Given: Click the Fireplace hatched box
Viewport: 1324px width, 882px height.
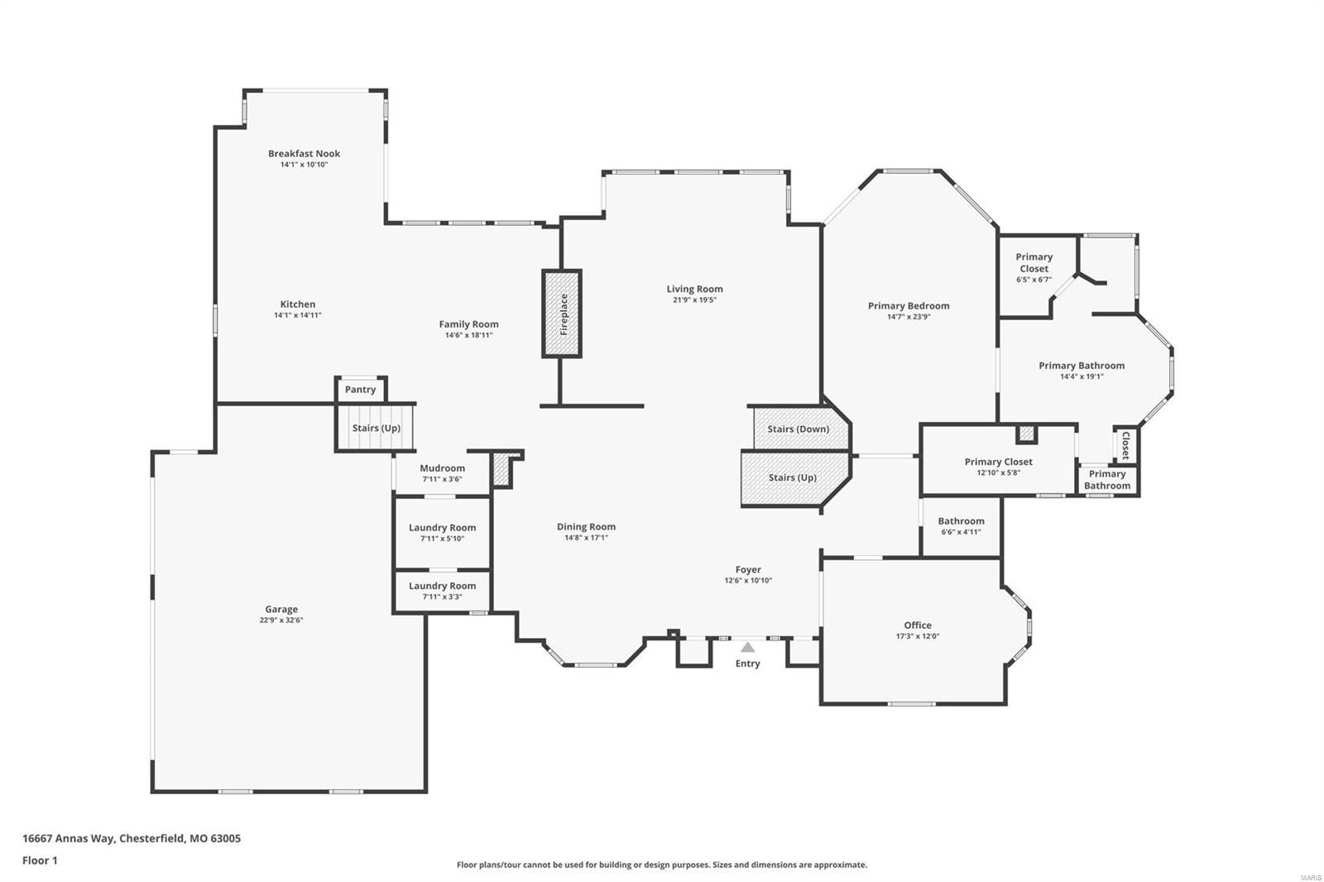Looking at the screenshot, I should (562, 314).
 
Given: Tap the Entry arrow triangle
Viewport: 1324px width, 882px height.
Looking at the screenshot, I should (747, 648).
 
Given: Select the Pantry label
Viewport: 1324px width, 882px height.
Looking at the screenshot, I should (360, 390).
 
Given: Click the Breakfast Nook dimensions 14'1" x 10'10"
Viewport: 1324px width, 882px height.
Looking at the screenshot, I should (304, 165).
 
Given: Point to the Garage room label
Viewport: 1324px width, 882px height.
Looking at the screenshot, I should (281, 610).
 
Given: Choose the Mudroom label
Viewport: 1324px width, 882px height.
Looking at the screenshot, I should (442, 468).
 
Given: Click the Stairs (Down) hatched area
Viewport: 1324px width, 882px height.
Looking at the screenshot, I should (799, 429).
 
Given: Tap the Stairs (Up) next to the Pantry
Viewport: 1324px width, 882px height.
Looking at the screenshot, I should (376, 428).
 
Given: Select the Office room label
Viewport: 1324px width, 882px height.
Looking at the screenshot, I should (917, 626).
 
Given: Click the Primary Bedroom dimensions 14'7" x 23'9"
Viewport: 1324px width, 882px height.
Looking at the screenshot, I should (909, 317).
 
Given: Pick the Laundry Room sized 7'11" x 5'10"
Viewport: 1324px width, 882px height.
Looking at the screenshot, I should (442, 528).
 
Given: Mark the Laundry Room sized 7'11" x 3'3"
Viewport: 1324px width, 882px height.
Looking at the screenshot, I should (442, 586).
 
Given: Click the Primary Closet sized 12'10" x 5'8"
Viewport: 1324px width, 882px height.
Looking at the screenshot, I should (998, 463).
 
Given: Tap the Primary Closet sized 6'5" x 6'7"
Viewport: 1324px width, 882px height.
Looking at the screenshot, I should (1034, 263).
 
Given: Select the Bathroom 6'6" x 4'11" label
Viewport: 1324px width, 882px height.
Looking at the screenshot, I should (961, 521).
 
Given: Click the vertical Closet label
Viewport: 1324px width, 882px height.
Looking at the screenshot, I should (1125, 445).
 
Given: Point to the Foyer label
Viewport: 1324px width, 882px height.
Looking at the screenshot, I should (748, 570).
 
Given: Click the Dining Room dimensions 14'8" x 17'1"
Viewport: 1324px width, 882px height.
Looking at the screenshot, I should (586, 538).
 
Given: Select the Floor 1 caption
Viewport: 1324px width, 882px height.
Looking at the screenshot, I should (40, 860).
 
